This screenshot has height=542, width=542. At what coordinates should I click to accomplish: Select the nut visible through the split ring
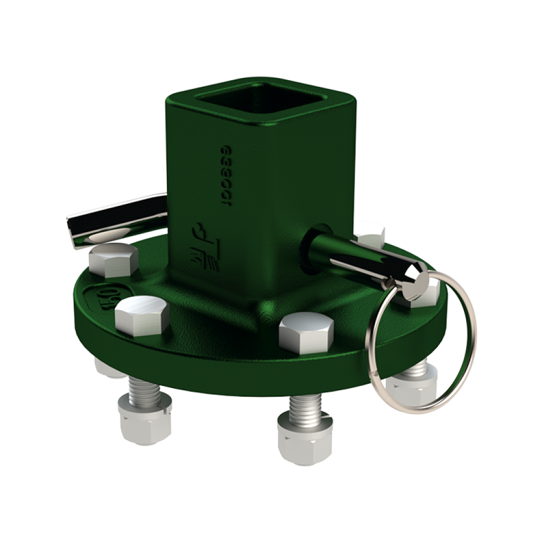click(x=412, y=388)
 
